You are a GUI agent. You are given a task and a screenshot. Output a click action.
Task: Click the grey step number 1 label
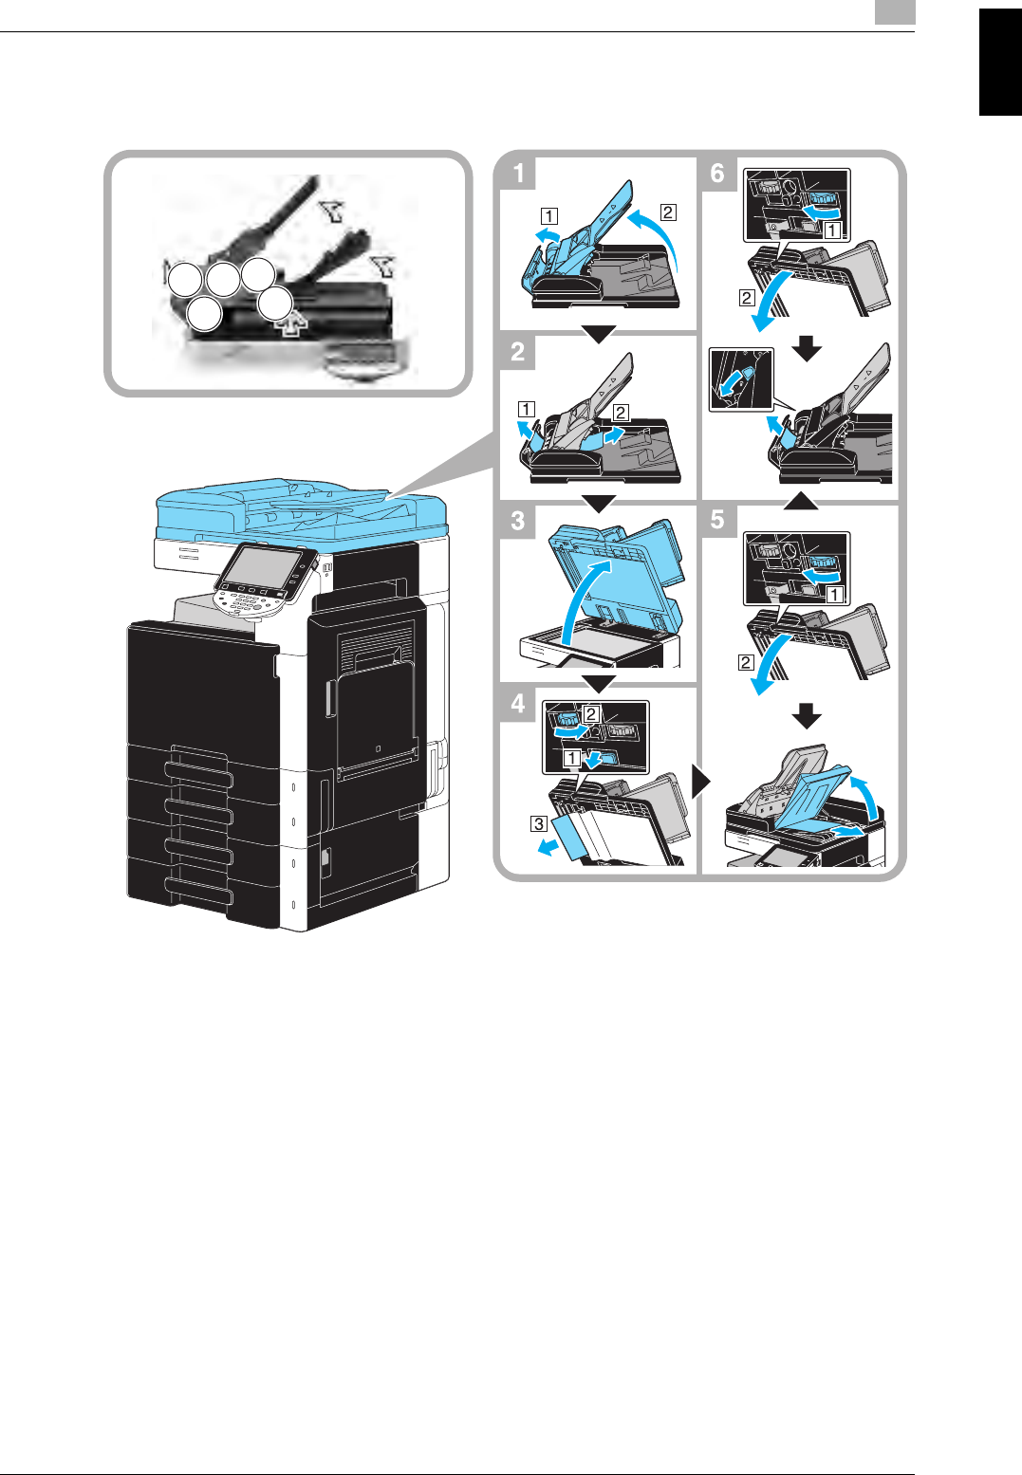click(518, 174)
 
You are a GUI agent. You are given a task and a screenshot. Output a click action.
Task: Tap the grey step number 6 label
click(717, 174)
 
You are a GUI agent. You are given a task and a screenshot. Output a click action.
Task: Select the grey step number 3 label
click(518, 521)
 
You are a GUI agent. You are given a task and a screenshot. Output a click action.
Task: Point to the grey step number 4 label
click(518, 703)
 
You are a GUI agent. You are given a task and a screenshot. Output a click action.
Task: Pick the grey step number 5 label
click(717, 520)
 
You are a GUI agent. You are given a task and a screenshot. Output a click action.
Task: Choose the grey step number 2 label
click(518, 352)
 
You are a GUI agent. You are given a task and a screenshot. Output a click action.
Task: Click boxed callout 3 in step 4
click(538, 823)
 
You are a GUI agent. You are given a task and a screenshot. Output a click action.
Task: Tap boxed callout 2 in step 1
click(668, 212)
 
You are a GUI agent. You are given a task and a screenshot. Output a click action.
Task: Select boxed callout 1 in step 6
click(831, 230)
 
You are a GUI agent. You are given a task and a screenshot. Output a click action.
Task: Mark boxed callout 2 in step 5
click(746, 662)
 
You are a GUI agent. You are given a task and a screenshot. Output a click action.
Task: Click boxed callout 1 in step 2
click(527, 410)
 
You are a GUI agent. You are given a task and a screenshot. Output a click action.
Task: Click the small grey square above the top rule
click(895, 12)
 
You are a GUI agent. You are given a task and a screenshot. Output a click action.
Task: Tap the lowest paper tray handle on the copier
click(199, 891)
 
